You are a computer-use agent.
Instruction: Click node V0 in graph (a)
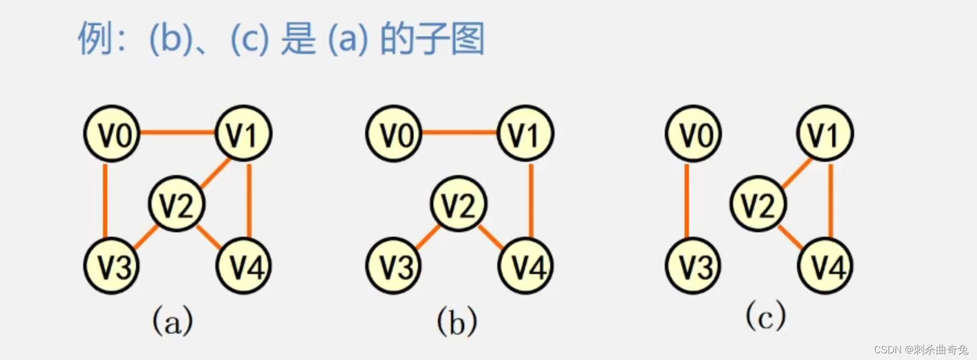112,133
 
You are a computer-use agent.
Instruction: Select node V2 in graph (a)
176,204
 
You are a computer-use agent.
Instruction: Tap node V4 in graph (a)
243,266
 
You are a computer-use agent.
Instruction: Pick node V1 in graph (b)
525,133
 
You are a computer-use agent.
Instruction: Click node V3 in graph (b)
394,266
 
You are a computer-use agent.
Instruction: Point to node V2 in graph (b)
458,204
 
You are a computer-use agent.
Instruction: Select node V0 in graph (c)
693,133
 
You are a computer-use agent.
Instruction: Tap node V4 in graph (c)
825,266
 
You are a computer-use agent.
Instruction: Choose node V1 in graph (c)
824,133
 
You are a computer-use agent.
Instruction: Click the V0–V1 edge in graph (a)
177,132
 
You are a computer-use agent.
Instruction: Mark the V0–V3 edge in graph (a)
105,200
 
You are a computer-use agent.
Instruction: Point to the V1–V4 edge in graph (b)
531,200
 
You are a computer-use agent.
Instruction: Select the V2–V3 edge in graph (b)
427,237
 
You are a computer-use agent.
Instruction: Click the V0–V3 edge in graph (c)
687,200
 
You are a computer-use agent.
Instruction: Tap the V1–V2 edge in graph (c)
796,173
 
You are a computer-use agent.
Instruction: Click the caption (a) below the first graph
172,320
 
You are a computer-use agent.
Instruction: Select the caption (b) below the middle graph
457,321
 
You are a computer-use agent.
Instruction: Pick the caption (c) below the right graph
766,316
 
